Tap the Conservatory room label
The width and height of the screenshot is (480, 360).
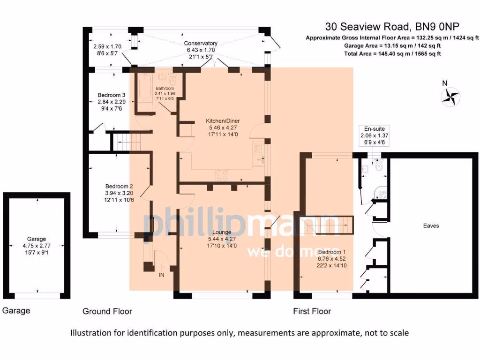201,43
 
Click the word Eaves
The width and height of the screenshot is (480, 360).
431,225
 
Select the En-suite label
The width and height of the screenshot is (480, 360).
374,128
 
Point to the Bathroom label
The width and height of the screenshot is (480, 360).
165,88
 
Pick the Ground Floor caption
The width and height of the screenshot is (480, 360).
107,311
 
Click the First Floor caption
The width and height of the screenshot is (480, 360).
312,311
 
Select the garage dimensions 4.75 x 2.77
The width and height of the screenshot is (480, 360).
37,245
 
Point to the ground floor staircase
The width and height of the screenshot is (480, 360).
128,141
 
